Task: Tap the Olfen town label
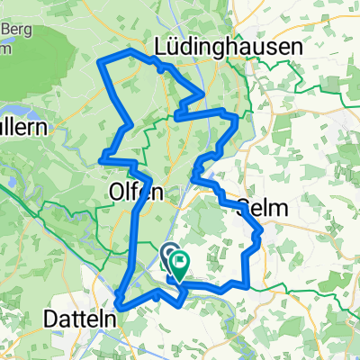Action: [136, 191]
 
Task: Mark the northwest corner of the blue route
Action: [99, 61]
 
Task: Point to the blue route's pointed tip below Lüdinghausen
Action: [205, 93]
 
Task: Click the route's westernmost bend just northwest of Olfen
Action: [101, 160]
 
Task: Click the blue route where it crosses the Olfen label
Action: [139, 193]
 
